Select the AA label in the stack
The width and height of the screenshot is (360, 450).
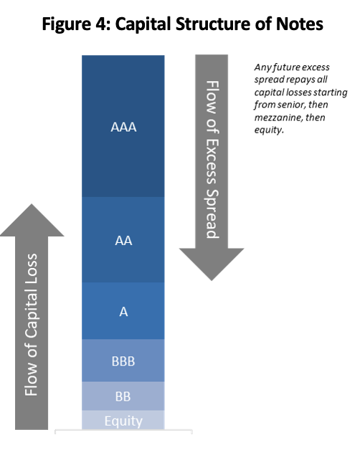coord(123,241)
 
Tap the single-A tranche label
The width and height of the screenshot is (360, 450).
coord(123,312)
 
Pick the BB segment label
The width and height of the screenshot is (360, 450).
coord(123,396)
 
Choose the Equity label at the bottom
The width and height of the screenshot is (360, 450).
coord(123,421)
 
